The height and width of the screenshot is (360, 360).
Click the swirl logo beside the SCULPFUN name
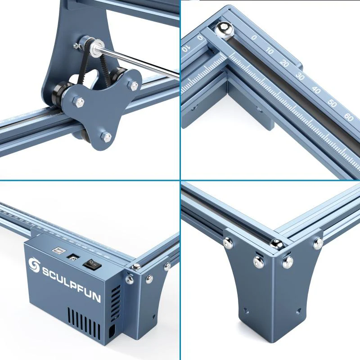pos(34,265)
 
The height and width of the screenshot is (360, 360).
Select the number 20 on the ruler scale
pos(284,63)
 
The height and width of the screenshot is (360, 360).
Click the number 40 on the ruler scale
pos(316,90)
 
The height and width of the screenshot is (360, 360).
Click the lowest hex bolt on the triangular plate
pos(105,136)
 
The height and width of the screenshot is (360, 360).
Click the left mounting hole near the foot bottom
pos(246,310)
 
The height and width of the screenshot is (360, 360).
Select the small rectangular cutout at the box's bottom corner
pos(112,332)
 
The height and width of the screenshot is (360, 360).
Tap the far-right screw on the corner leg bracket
pos(319,243)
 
